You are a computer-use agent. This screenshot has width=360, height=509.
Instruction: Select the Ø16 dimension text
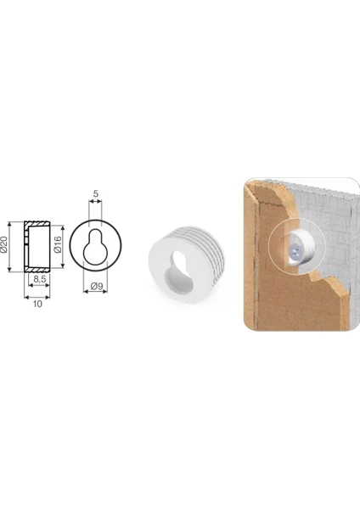[58, 244]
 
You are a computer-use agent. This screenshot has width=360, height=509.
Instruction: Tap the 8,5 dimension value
[39, 279]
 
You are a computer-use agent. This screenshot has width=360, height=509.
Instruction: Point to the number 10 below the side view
[37, 304]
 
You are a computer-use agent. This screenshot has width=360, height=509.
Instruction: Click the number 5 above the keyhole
[95, 193]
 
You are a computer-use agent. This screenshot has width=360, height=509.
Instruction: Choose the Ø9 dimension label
[97, 287]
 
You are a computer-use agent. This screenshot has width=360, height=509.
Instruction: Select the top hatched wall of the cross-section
[37, 224]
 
